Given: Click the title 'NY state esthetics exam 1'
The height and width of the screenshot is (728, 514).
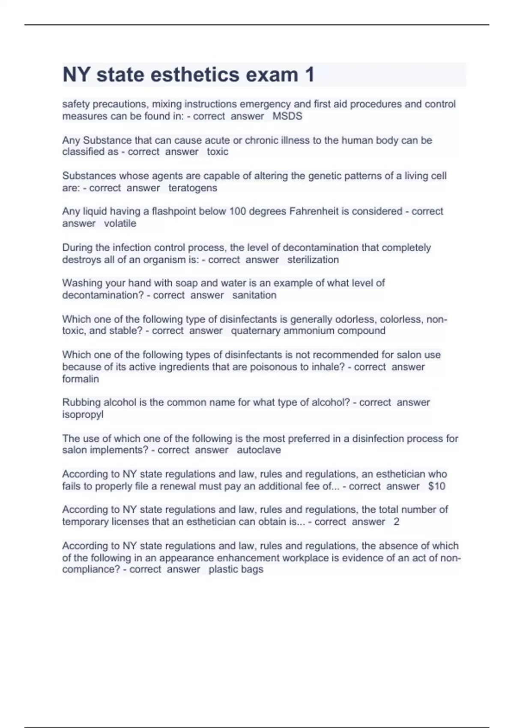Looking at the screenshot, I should point(188,75).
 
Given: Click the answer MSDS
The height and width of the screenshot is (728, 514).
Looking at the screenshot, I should point(287,116).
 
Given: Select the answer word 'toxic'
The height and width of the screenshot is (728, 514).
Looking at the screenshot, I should point(218,152).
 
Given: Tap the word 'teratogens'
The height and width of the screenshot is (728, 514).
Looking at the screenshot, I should point(193,188).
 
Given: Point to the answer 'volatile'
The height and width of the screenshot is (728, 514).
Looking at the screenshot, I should point(120,224).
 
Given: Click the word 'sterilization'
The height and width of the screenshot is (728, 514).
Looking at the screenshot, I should point(313,260).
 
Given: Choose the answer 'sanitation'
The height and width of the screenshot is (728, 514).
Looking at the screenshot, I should point(254,295).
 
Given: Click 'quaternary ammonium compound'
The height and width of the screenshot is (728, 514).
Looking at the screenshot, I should point(308,331).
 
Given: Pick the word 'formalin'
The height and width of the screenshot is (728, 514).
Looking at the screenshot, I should point(81,379).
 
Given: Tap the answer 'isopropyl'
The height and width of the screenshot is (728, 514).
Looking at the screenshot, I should point(83,415).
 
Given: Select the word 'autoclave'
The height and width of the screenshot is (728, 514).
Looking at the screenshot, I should point(259,450).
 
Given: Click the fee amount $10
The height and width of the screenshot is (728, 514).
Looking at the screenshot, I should point(436,486).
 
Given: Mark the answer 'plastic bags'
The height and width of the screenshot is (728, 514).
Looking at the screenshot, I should point(236,570).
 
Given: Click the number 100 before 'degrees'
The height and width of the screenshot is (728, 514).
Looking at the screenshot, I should point(238,211).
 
